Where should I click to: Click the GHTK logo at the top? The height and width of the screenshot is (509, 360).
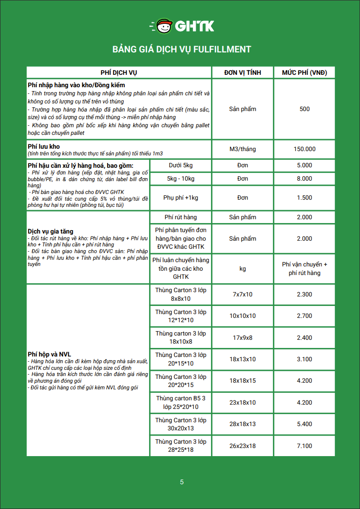(x=181, y=26)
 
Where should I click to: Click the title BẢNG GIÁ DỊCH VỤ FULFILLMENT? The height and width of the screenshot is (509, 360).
(x=181, y=50)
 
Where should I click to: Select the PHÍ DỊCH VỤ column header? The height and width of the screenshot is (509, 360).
(x=119, y=72)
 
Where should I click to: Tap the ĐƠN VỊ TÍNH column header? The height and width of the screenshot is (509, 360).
(x=242, y=72)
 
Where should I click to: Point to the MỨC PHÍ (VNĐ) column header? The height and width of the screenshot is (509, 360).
(x=304, y=72)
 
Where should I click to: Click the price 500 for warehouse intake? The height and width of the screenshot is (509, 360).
(x=304, y=109)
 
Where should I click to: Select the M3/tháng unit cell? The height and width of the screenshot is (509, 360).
(x=242, y=149)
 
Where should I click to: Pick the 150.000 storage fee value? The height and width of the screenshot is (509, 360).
(x=304, y=149)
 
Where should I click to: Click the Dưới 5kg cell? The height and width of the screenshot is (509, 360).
(x=180, y=165)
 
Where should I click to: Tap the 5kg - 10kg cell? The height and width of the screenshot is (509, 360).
(x=180, y=179)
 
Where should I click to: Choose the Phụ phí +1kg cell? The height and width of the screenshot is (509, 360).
(x=180, y=198)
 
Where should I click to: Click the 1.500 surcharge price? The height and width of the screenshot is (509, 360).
(x=304, y=198)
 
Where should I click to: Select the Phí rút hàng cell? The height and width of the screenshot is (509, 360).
(x=180, y=217)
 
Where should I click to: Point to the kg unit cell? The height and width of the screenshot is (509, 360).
(x=242, y=269)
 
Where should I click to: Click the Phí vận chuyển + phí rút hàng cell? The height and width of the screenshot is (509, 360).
(x=304, y=269)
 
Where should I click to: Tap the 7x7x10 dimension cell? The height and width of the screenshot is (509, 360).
(x=242, y=295)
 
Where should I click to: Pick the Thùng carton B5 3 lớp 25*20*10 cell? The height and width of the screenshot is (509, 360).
(x=180, y=402)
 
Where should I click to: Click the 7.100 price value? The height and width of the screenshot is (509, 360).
(x=304, y=446)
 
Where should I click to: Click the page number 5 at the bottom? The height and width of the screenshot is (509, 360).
(x=181, y=482)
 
